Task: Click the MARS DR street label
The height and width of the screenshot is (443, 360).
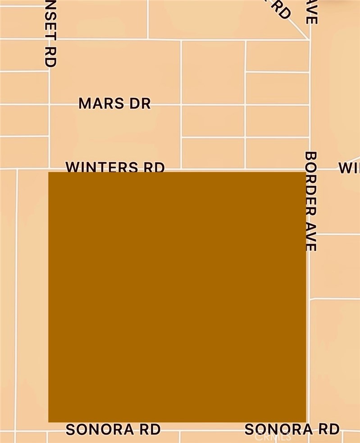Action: coord(114,103)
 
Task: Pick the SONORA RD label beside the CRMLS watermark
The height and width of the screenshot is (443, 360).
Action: coord(292,429)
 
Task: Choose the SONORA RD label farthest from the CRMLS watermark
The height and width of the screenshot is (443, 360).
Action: coord(113,429)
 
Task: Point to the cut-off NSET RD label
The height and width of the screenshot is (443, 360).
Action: coord(51,33)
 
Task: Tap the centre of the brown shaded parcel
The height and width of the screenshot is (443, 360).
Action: coord(177,297)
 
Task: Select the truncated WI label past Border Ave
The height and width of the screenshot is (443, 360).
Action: coord(349,168)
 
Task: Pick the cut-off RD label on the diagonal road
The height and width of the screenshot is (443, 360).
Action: coord(280,9)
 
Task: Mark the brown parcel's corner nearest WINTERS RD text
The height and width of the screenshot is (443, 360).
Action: coord(49,173)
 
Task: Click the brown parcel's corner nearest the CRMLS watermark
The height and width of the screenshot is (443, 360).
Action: coord(306,421)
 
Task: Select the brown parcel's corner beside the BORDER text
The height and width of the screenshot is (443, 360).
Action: coord(306,173)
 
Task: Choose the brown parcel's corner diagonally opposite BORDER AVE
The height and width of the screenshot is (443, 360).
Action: coord(49,421)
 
